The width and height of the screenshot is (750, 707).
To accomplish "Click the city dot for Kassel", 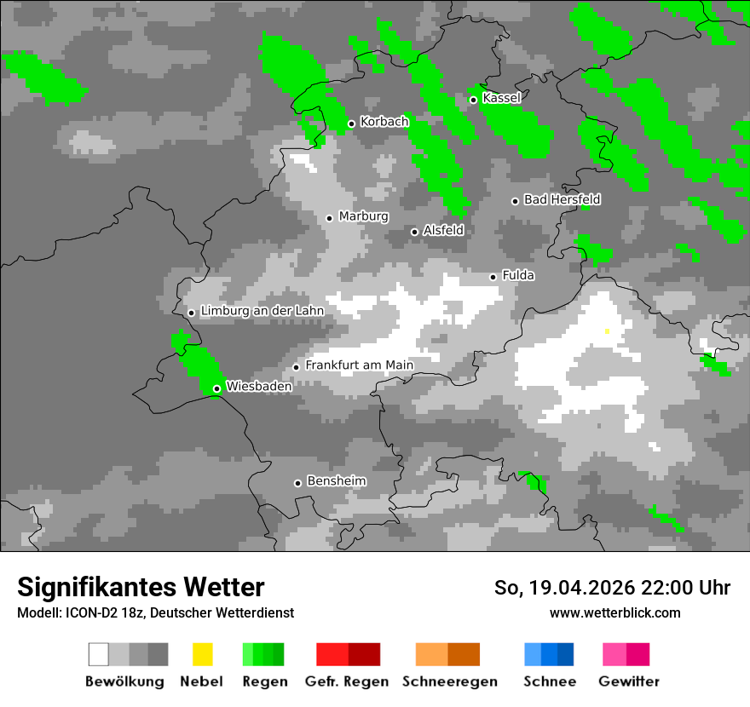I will [473, 100].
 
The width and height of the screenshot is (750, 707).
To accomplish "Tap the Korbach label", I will [384, 122].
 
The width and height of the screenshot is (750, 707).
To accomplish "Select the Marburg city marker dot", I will [329, 218].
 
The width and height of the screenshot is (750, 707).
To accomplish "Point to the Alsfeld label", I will [443, 230].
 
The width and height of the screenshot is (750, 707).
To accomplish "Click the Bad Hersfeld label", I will [562, 199].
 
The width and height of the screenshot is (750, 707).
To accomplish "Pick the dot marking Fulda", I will [493, 277].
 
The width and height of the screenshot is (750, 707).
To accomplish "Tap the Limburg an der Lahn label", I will [262, 311].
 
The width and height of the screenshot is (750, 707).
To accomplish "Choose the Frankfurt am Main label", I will [359, 365].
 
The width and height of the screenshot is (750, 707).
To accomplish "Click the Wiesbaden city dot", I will [216, 388].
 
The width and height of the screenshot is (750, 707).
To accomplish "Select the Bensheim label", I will [336, 481].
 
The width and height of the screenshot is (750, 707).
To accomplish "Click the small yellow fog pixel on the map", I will [607, 331].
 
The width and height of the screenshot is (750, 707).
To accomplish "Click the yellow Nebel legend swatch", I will [203, 654].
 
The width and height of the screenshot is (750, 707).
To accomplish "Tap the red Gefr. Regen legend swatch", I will [348, 654].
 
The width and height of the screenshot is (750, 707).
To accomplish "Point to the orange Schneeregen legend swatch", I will [447, 654].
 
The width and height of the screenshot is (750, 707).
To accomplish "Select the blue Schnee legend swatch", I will [548, 654].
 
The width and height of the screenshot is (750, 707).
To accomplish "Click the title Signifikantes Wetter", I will [141, 587].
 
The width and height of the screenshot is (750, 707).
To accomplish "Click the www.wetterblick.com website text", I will [614, 612].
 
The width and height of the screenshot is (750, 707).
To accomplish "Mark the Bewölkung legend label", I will [124, 681].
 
